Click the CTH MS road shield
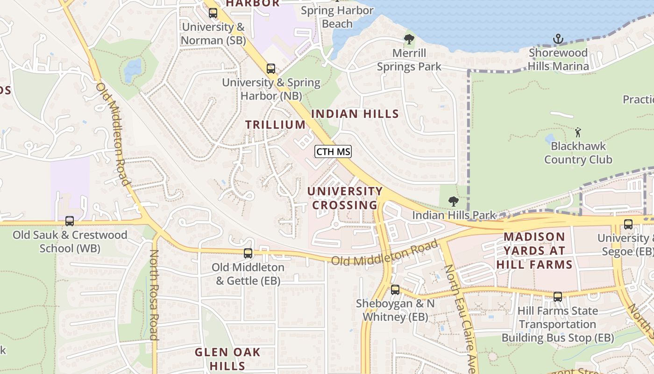333,151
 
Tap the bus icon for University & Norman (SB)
213,13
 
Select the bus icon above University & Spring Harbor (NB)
271,69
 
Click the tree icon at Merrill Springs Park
409,39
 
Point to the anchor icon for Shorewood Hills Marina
558,39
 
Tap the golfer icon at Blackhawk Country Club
578,132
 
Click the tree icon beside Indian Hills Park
453,201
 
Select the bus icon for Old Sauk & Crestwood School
70,221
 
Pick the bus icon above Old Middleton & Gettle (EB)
248,253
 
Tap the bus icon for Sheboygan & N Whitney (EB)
395,290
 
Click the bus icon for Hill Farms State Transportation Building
558,297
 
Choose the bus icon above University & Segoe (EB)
628,224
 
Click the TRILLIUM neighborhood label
276,125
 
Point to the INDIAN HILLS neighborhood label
355,114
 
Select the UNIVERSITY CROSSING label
345,198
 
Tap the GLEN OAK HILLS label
227,359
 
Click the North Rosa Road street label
154,295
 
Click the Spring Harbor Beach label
337,17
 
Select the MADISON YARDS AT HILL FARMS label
534,251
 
